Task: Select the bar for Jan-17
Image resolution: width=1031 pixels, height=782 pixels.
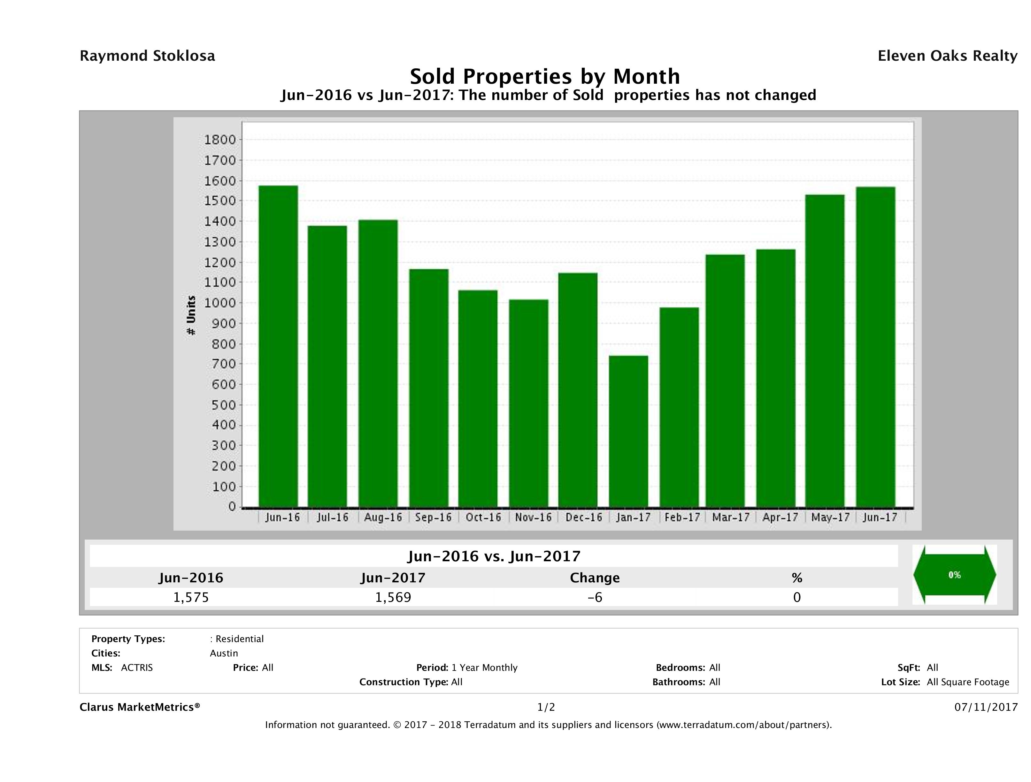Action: point(628,431)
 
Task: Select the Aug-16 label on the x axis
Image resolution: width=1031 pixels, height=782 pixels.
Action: point(383,517)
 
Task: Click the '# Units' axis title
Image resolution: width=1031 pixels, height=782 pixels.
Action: point(191,316)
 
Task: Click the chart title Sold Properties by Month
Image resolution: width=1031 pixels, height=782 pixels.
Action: point(545,76)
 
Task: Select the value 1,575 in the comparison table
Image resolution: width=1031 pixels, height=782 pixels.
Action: point(191,597)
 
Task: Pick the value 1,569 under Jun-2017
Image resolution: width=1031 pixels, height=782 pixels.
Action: point(393,597)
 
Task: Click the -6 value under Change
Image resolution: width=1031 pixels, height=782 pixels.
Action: point(595,597)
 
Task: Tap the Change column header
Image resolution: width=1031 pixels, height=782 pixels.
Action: point(595,578)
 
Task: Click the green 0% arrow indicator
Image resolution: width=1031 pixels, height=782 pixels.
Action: point(954,575)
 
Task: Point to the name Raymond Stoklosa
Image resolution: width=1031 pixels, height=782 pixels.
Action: point(147,56)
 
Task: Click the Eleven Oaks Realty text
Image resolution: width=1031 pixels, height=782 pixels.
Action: point(947,56)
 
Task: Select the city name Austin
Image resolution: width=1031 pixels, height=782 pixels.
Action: point(224,653)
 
